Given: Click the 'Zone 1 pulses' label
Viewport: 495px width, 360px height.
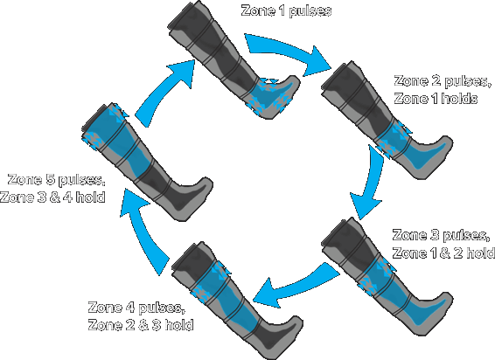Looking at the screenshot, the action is pyautogui.click(x=286, y=10).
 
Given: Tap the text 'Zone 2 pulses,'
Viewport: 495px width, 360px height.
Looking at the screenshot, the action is pyautogui.click(x=443, y=81).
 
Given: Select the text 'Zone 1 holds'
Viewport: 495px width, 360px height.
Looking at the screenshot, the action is pyautogui.click(x=436, y=99).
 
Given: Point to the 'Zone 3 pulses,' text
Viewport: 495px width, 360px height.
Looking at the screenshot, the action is pyautogui.click(x=441, y=236).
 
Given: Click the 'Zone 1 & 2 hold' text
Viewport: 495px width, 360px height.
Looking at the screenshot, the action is pyautogui.click(x=443, y=253).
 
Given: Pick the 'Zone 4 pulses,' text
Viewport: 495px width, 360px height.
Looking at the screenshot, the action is pyautogui.click(x=136, y=308).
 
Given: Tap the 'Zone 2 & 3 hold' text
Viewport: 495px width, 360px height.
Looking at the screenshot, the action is pyautogui.click(x=141, y=325).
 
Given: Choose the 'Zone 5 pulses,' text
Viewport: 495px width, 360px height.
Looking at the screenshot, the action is pyautogui.click(x=56, y=180).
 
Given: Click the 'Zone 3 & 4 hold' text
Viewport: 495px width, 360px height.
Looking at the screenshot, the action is pyautogui.click(x=52, y=197).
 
